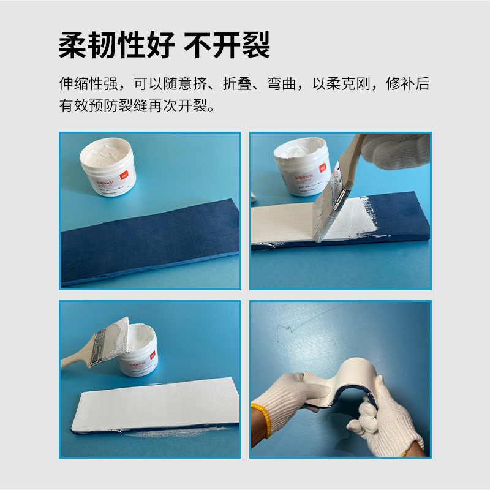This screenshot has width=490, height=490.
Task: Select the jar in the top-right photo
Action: click(302, 165)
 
